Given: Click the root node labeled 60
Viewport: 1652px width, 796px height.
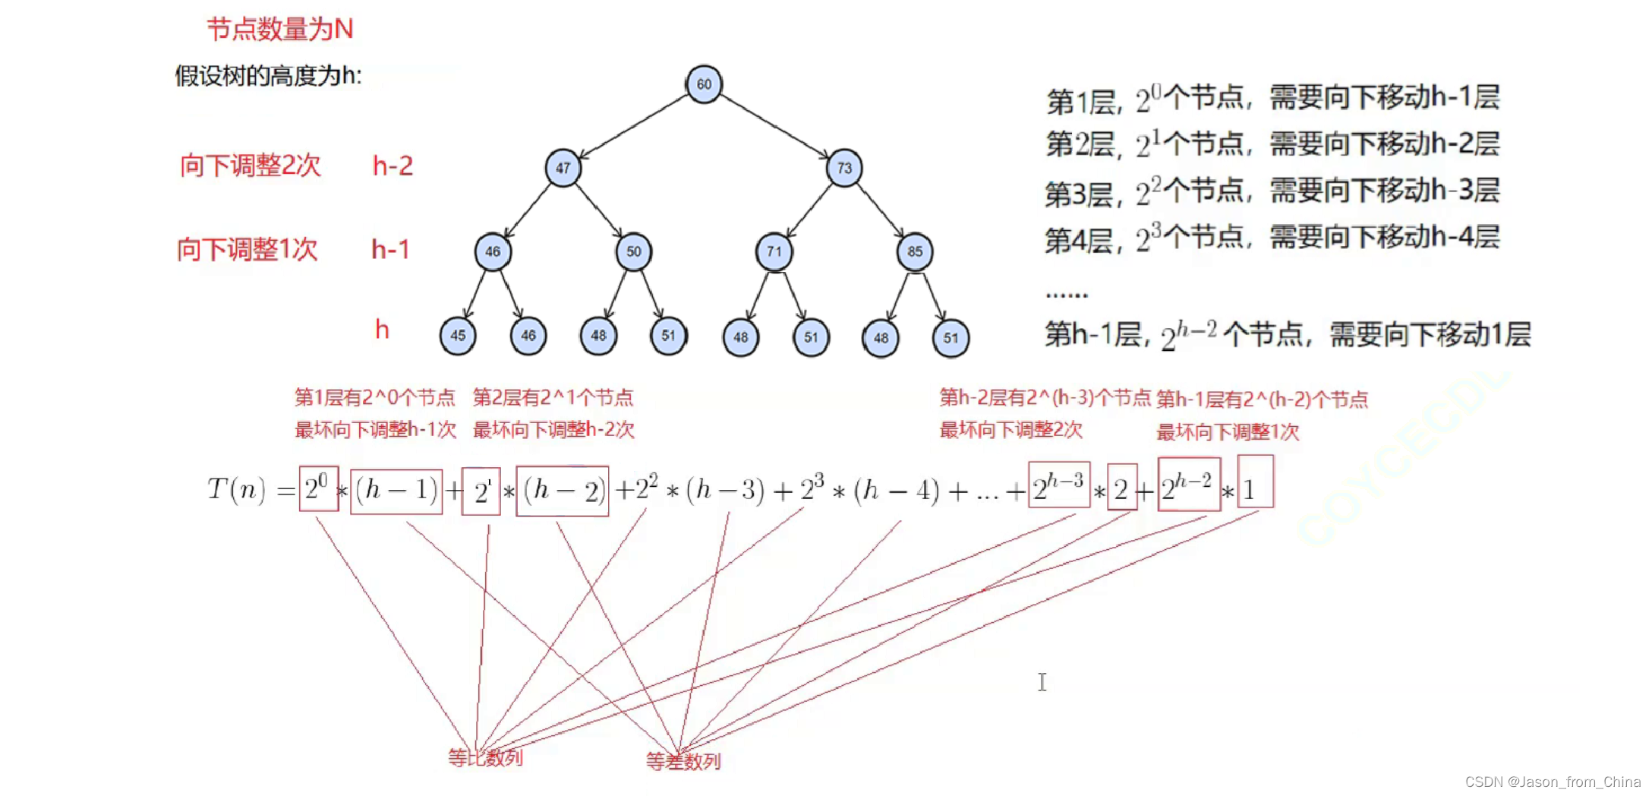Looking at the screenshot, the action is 704,84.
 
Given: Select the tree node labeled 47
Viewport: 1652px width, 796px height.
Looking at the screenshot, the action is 563,167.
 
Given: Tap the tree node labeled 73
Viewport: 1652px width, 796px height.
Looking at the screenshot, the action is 844,167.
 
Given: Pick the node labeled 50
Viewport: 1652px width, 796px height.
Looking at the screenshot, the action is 633,251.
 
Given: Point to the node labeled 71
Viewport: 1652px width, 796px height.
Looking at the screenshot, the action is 774,251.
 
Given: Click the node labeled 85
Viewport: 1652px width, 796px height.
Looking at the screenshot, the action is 914,251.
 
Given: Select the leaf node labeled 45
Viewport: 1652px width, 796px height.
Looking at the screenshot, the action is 458,336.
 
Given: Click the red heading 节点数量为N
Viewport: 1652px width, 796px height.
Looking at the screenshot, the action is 279,29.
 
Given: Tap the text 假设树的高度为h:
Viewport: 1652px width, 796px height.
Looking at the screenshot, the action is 268,75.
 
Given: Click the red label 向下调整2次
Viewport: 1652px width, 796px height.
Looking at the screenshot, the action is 251,165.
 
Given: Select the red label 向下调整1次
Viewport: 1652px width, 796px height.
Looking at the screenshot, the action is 247,249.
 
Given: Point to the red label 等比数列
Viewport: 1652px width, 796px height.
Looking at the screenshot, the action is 485,757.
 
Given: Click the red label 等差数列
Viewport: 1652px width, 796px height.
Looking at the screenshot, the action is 683,760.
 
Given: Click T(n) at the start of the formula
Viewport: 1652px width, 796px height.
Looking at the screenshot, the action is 236,490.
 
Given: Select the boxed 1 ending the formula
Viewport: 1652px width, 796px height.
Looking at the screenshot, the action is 1255,482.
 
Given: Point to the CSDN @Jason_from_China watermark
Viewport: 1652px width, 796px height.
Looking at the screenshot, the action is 1553,782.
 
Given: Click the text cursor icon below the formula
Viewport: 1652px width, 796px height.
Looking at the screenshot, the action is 1042,682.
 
